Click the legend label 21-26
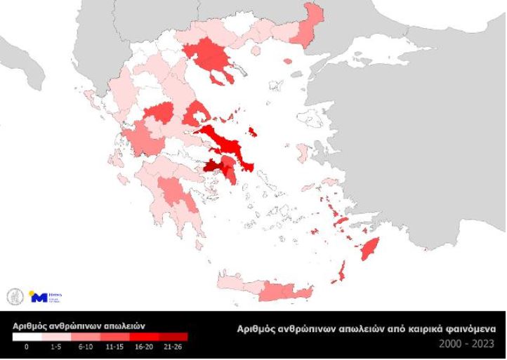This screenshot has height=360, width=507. click(172, 347)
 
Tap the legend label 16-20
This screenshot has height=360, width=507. click(143, 347)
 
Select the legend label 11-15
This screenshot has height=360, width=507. click(114, 347)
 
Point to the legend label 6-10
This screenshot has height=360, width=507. click(85, 347)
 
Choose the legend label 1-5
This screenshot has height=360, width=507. click(55, 347)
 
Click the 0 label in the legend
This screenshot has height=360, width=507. click(27, 347)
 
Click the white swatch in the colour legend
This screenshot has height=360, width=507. click(27, 336)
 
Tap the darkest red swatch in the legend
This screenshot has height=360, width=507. click(173, 336)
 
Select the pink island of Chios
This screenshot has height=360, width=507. click(301, 153)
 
